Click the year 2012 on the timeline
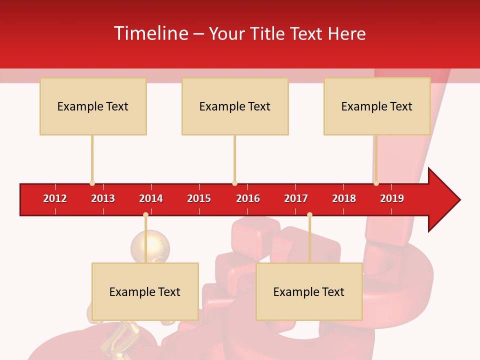point(55,198)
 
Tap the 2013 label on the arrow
point(103,198)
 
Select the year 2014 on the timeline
point(151,198)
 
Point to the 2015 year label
point(199,198)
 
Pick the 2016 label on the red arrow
point(248,198)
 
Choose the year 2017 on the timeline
point(296,198)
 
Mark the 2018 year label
point(344,198)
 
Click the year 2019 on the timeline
point(392,198)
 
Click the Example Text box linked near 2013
point(93,106)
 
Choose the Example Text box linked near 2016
point(235,106)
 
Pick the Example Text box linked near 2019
point(377,106)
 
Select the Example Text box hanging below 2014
point(145,291)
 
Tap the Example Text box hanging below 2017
point(309,291)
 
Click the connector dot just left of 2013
point(92,183)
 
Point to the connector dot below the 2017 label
point(309,214)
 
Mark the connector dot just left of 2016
point(234,183)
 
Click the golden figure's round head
point(150,246)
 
